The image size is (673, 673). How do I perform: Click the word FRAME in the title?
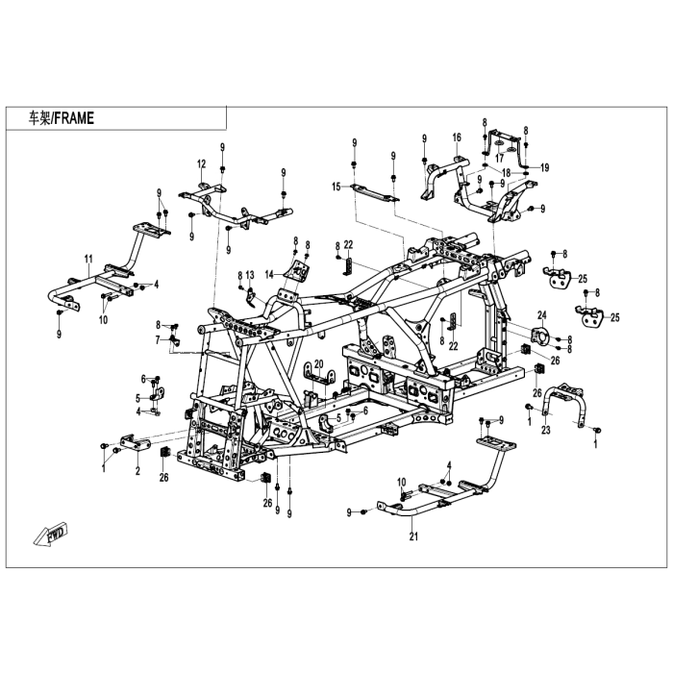pos(75,118)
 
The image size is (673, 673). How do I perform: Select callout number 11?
pos(87,259)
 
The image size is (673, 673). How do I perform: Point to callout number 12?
pos(202,162)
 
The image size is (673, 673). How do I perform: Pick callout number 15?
pos(336,186)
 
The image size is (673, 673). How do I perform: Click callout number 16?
pos(457,137)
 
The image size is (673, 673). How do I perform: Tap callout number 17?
pos(499,160)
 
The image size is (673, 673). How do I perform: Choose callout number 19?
pos(544,167)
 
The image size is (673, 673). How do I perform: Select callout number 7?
pos(157,339)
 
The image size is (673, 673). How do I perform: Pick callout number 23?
pos(546,430)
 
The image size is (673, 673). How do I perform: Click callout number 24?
pos(541,315)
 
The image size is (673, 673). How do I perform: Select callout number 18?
pos(506,173)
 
